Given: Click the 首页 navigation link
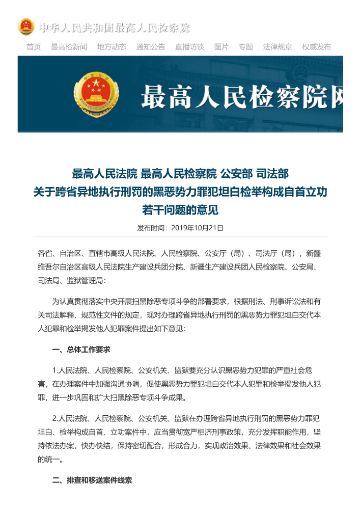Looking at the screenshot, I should pyautogui.click(x=34, y=47).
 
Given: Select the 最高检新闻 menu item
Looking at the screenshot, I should pyautogui.click(x=69, y=47).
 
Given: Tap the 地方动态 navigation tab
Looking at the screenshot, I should pyautogui.click(x=112, y=47).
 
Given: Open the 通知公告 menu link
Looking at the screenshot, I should pyautogui.click(x=150, y=47).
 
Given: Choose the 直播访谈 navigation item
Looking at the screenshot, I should pyautogui.click(x=189, y=47).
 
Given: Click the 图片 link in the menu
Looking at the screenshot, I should pyautogui.click(x=221, y=47).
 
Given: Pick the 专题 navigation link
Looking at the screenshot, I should pyautogui.click(x=246, y=47).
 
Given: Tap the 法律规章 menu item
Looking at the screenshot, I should pyautogui.click(x=278, y=47).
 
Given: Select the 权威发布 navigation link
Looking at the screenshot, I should pyautogui.click(x=316, y=47).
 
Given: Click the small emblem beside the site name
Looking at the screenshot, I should pyautogui.click(x=26, y=27).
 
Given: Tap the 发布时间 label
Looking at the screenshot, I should pyautogui.click(x=151, y=228).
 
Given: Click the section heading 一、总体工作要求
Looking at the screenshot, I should pyautogui.click(x=81, y=350).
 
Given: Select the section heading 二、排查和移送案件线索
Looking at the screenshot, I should pyautogui.click(x=92, y=480).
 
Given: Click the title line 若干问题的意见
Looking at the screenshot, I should pyautogui.click(x=180, y=210).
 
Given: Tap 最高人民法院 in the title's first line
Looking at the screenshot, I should pyautogui.click(x=104, y=174).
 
